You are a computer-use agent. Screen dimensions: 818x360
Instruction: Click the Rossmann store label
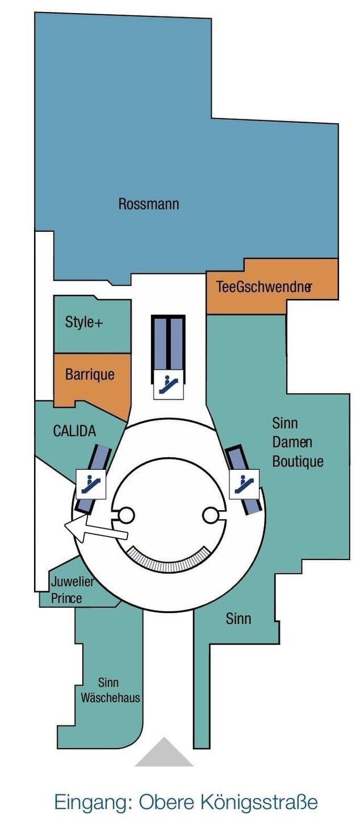[148, 204]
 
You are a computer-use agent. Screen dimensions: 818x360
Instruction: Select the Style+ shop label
[84, 323]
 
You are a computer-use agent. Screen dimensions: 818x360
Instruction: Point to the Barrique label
[90, 374]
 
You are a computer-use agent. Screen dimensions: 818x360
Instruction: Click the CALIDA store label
[74, 431]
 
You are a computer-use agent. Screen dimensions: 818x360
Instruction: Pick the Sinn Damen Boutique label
[298, 442]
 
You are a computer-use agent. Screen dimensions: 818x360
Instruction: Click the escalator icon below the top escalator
[169, 385]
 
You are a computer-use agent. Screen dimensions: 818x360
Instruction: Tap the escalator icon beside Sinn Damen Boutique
[244, 483]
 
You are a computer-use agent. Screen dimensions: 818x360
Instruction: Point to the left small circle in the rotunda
[125, 515]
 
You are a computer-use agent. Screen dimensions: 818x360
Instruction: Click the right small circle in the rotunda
[211, 515]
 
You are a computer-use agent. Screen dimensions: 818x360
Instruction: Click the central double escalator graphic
[169, 341]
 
